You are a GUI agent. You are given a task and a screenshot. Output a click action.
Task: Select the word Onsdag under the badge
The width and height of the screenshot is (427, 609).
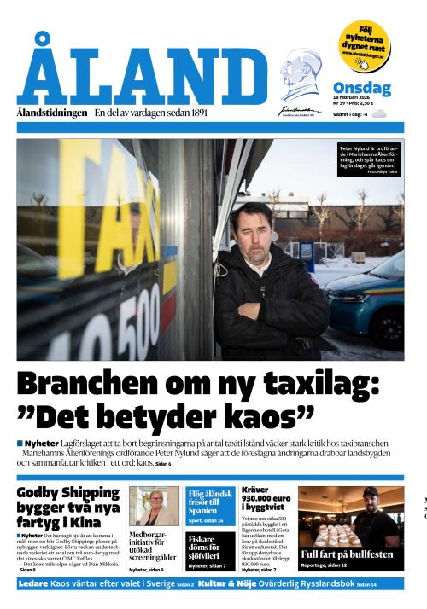click(361, 89)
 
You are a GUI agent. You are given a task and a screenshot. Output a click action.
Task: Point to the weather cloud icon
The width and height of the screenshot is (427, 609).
click(378, 113)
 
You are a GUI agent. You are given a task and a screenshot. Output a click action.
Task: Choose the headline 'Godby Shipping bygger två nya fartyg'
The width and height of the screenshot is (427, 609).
click(68, 507)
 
